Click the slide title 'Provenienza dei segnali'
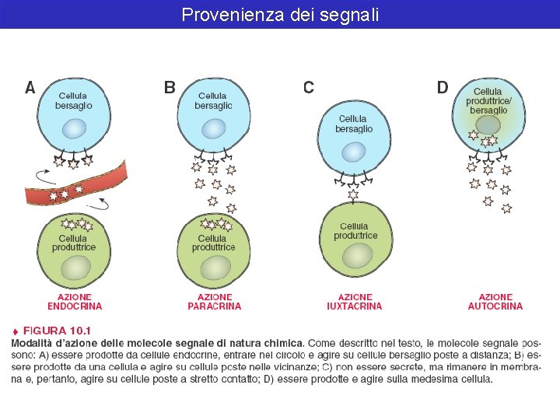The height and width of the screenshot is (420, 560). click(x=280, y=14)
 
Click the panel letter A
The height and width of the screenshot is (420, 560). click(x=30, y=88)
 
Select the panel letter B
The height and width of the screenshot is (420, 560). click(x=170, y=88)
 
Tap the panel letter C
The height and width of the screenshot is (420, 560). click(x=309, y=88)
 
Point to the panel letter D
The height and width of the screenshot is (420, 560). click(x=443, y=88)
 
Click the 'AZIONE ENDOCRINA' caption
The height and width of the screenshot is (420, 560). click(x=75, y=302)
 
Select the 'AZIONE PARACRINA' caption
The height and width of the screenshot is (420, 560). click(x=215, y=302)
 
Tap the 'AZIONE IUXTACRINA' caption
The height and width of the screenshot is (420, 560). click(x=355, y=302)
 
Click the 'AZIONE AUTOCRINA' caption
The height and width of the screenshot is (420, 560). click(x=495, y=302)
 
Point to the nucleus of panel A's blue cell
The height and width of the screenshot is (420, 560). click(x=75, y=129)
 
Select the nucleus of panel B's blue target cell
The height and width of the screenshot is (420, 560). click(x=215, y=129)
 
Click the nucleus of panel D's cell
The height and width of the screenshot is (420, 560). click(x=488, y=124)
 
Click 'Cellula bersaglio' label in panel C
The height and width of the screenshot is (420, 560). click(x=354, y=124)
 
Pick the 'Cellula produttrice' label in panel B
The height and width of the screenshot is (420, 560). click(x=214, y=243)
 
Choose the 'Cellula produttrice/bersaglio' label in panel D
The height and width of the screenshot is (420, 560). click(x=488, y=101)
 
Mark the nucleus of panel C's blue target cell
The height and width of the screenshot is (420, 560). click(x=355, y=152)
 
